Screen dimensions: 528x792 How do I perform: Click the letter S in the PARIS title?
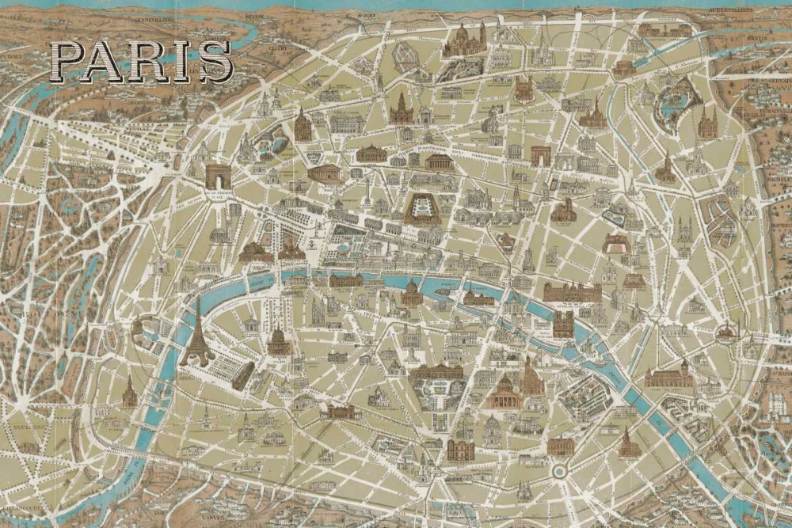(215, 62)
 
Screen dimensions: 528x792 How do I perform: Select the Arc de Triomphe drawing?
(217, 177)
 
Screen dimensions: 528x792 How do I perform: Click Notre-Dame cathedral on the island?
(563, 323)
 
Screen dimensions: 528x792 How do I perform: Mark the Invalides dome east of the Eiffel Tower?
(278, 342)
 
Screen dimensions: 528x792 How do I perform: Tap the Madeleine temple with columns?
(324, 173)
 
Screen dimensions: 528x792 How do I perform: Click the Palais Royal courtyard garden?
(421, 208)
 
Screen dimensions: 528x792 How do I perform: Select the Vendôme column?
(367, 190)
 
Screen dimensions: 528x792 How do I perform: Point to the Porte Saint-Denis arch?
(542, 155)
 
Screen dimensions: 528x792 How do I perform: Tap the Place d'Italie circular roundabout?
(560, 471)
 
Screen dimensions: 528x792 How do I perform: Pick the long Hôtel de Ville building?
(572, 292)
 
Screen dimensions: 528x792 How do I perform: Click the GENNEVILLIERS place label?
(154, 17)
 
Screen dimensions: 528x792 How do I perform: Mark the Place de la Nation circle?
(726, 332)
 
